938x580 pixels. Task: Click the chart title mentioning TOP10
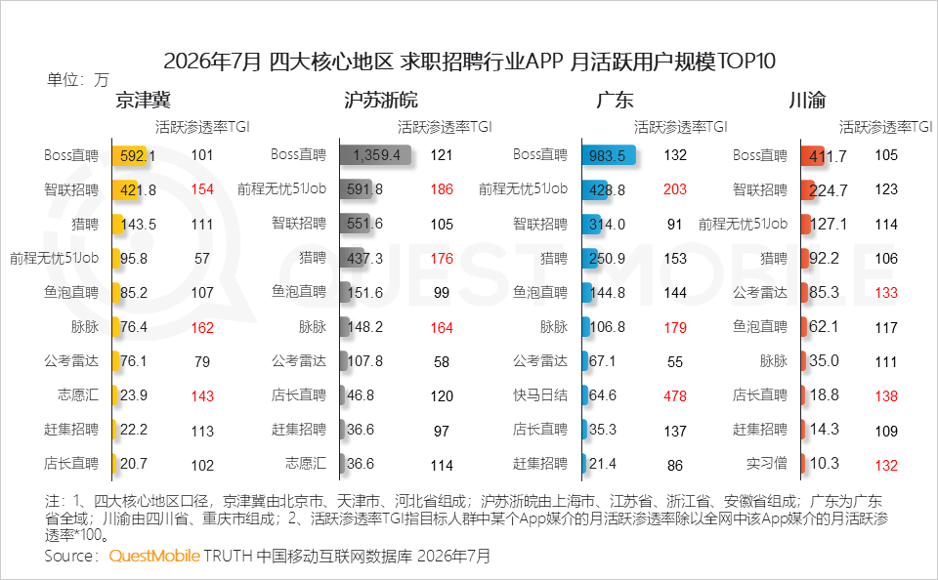click(x=469, y=61)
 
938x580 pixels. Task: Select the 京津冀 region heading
click(x=143, y=100)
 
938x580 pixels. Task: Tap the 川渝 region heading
click(x=807, y=100)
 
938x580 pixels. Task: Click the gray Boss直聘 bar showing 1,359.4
click(x=375, y=155)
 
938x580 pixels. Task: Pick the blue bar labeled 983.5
click(x=609, y=155)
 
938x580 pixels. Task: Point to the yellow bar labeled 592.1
click(x=129, y=155)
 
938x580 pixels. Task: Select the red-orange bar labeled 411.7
click(x=813, y=155)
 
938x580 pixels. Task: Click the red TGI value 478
click(x=675, y=395)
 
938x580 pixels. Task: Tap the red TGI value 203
click(x=675, y=189)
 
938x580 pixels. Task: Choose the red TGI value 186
click(x=442, y=189)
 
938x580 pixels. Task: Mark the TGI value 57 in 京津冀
click(x=202, y=259)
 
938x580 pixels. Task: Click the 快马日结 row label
click(x=540, y=395)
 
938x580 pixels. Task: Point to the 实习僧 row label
click(x=767, y=464)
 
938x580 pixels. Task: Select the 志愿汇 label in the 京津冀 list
click(x=78, y=395)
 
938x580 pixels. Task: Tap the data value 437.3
click(x=364, y=259)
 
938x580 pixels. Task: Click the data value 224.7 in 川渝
click(x=829, y=190)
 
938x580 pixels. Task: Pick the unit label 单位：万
click(x=78, y=79)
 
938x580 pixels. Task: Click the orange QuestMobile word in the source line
click(x=154, y=557)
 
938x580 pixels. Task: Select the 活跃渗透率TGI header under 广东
click(x=681, y=127)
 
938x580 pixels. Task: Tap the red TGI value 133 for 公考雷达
click(x=886, y=293)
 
